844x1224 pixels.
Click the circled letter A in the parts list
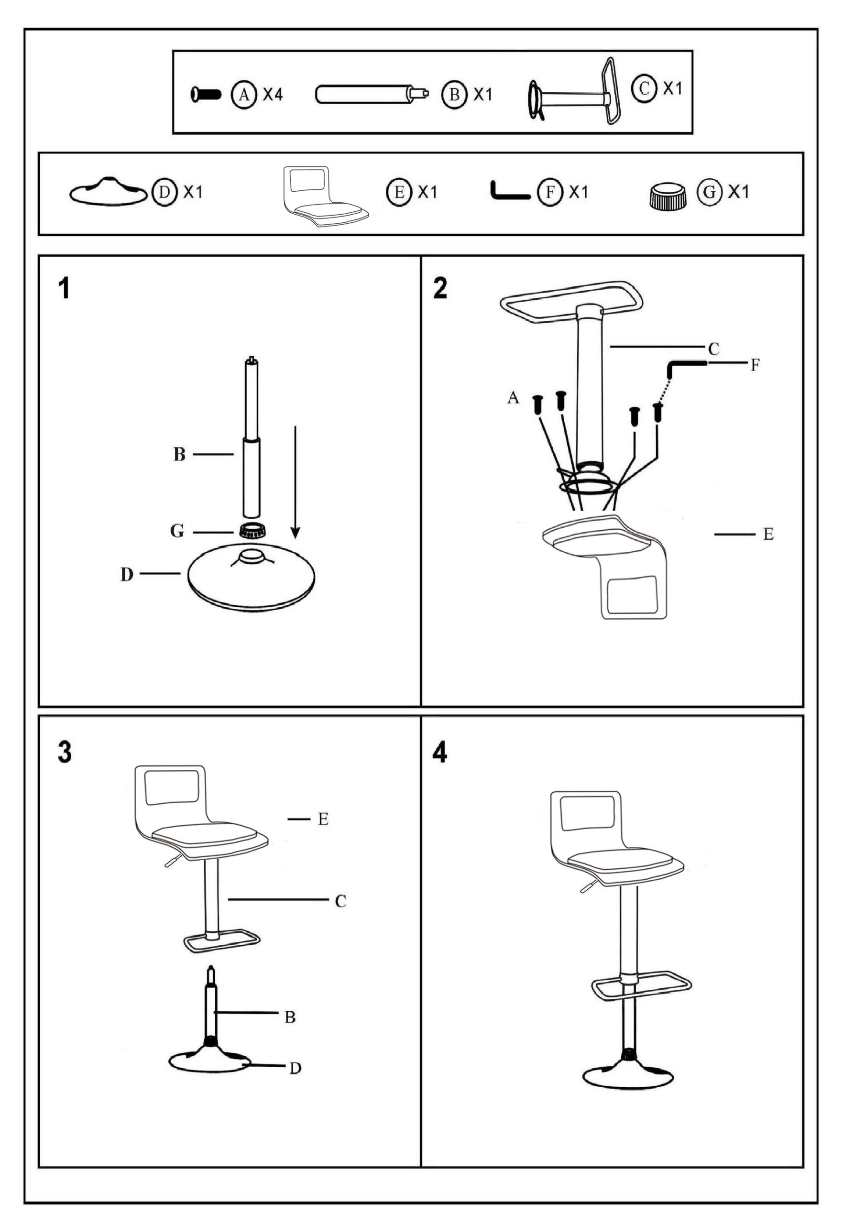pos(243,95)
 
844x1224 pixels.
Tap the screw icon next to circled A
pos(206,95)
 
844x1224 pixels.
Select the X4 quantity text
pos(273,95)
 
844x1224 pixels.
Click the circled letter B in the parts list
pos(454,95)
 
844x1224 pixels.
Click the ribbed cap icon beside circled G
pos(668,196)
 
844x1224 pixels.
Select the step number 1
pos(65,290)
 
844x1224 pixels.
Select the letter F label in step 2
pos(755,365)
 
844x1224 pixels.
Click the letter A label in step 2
pos(513,398)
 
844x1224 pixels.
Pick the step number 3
pos(65,753)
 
